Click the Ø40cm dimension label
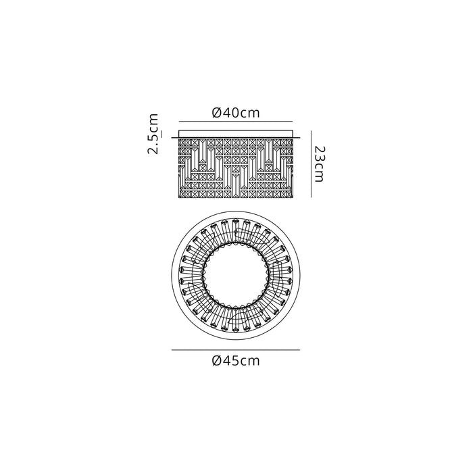[x=236, y=113]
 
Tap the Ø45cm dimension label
[x=236, y=360]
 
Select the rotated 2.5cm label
[x=153, y=134]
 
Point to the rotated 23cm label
[x=318, y=164]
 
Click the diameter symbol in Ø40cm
[x=217, y=113]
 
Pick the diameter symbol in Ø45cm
[x=217, y=361]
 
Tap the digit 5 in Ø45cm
[x=237, y=361]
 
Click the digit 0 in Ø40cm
[x=237, y=113]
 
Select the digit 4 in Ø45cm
[x=228, y=361]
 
